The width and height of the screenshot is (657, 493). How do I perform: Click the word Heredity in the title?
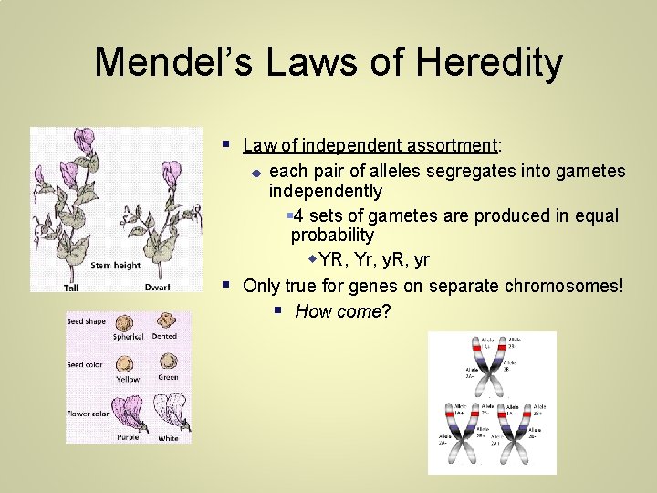[487, 62]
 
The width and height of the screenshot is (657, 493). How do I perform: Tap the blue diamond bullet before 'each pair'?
[256, 173]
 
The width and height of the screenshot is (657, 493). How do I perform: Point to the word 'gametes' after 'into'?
[593, 172]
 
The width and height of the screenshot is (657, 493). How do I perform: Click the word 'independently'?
[325, 192]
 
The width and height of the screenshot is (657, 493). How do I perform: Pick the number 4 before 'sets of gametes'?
[299, 216]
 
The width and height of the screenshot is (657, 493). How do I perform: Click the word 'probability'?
[332, 236]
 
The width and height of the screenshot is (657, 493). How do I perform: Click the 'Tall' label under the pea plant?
[71, 288]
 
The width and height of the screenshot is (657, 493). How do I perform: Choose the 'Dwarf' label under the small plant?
[158, 288]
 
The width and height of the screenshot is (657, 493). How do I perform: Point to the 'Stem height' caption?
[116, 266]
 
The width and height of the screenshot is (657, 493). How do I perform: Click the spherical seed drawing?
[125, 322]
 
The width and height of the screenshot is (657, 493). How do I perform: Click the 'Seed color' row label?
[86, 365]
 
